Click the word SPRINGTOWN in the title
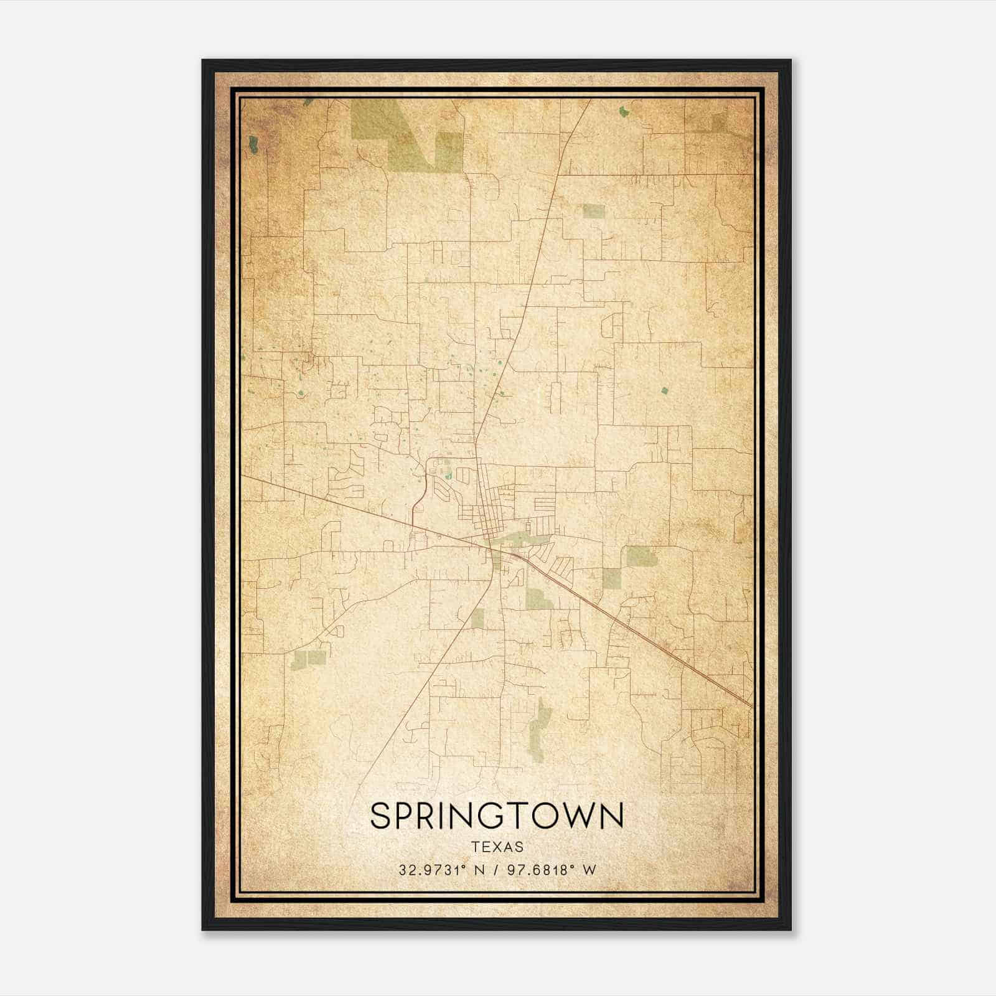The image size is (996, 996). [497, 816]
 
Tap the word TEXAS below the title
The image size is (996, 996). [497, 847]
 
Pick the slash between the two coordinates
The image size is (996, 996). [494, 870]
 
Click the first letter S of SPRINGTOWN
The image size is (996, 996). [380, 816]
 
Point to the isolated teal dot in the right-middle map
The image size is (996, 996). [664, 391]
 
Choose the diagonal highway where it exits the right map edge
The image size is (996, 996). [751, 705]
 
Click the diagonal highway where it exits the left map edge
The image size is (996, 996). [243, 476]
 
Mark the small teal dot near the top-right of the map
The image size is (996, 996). [623, 113]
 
